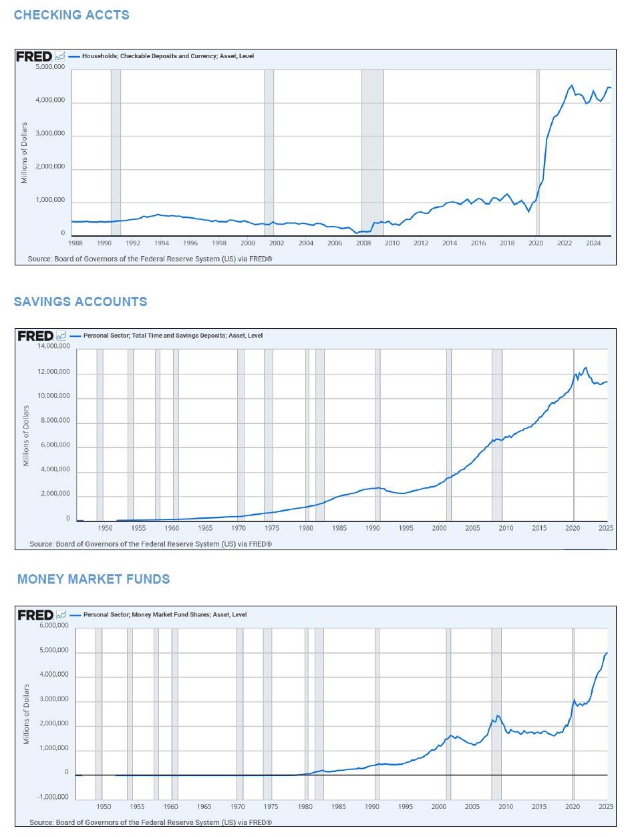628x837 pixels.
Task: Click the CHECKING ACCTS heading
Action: [71, 15]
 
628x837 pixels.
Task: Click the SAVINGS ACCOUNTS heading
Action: [80, 302]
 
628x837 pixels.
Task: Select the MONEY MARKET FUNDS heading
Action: [94, 579]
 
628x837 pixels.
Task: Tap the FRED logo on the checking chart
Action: [35, 57]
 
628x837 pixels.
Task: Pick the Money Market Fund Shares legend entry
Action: [164, 614]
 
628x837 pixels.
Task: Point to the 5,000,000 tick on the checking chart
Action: [50, 68]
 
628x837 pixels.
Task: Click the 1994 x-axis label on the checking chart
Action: [162, 243]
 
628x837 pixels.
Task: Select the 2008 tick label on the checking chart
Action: [363, 243]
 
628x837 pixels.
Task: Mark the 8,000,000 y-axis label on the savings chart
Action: [55, 421]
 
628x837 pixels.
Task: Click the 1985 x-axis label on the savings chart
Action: [339, 528]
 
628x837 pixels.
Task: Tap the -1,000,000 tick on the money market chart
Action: [53, 797]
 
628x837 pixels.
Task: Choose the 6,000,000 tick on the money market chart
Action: [53, 626]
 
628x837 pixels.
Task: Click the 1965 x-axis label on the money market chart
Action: [204, 807]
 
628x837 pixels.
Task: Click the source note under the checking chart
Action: [150, 259]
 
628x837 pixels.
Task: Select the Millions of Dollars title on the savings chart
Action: [26, 435]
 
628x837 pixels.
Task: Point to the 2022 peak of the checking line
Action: [571, 86]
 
